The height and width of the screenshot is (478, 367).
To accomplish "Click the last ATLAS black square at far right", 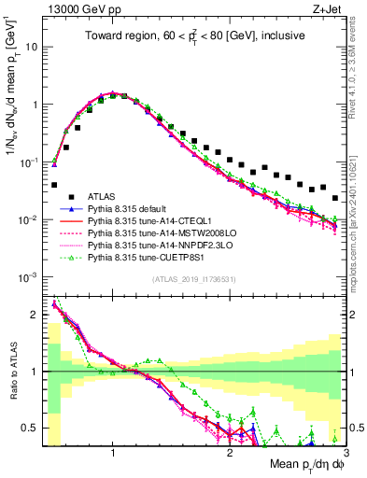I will point(335,198).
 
